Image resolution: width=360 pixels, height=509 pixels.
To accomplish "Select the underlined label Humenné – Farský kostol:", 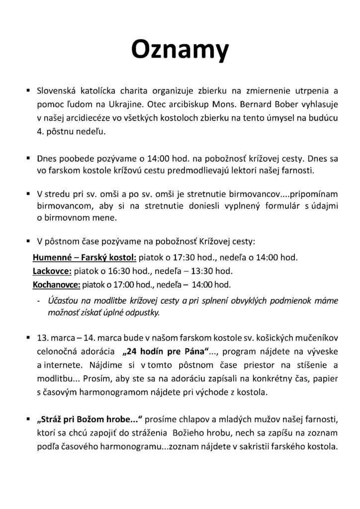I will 84,258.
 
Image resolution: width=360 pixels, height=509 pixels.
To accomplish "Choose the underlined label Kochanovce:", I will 56,285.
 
